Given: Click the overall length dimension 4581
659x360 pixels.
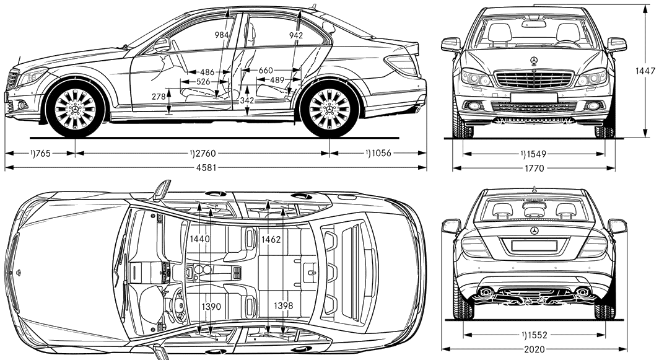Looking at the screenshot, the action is tap(206, 168).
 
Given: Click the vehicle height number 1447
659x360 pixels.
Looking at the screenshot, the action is tap(645, 71).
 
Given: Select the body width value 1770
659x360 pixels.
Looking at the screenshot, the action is tap(534, 168).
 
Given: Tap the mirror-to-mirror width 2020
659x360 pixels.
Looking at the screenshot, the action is tap(535, 349).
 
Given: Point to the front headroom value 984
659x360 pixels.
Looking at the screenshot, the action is tap(222, 35).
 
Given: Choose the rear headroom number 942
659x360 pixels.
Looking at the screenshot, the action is tap(296, 35).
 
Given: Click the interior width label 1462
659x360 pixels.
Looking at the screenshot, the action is tap(271, 239).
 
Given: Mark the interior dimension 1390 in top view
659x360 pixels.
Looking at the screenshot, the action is tap(211, 307).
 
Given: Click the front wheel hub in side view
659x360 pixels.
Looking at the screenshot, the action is tap(75, 109).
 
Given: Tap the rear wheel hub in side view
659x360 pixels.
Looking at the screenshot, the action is tap(329, 109).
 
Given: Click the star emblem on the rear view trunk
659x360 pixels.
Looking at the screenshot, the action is tap(534, 231).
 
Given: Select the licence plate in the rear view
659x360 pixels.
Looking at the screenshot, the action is tap(534, 245).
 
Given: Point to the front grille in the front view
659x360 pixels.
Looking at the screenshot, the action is tap(534, 79).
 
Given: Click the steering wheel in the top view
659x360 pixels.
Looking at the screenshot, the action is tap(178, 305).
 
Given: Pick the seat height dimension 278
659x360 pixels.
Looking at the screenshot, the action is tap(159, 96).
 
